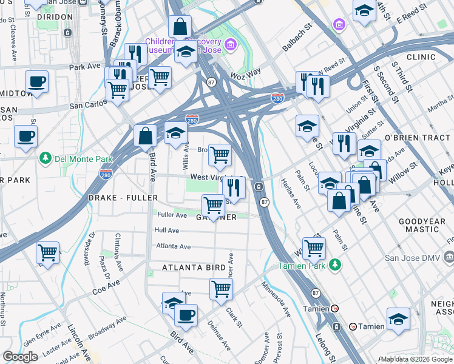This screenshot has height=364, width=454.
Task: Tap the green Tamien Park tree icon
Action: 334,265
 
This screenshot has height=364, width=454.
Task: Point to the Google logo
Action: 20,357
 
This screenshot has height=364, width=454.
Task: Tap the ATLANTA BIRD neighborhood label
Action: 192,267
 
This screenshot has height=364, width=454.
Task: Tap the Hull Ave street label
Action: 166,231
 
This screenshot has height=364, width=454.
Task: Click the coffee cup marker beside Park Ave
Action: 36,81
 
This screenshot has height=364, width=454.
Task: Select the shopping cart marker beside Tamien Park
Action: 314,247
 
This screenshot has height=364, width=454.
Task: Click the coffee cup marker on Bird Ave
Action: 186,314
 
